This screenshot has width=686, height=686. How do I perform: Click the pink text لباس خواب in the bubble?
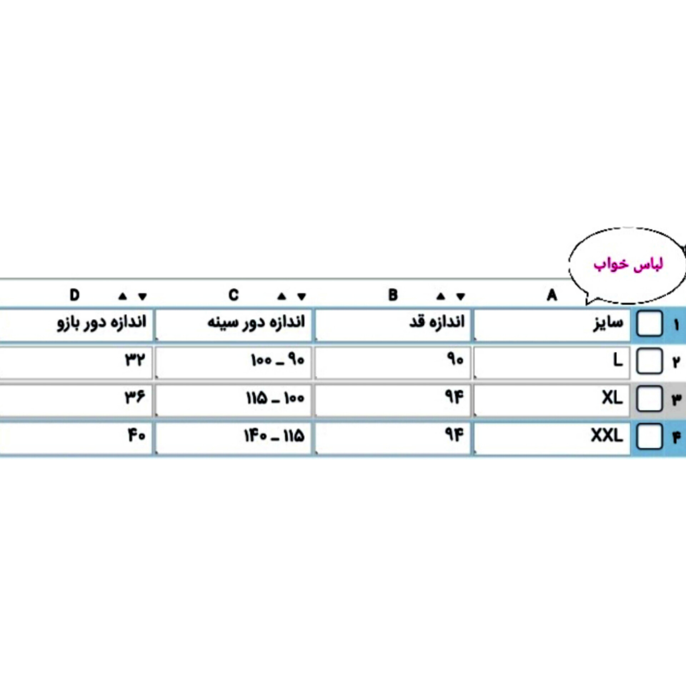click(x=628, y=265)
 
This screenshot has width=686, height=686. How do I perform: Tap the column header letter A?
click(x=552, y=295)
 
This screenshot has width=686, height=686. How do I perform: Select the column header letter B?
click(x=393, y=295)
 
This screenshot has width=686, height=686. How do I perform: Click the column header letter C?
click(x=234, y=295)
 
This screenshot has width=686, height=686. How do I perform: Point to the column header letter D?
click(x=74, y=295)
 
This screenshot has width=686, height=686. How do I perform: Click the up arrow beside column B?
click(x=441, y=296)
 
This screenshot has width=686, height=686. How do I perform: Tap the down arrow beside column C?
click(x=302, y=297)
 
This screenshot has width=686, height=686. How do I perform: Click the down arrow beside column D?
click(x=143, y=297)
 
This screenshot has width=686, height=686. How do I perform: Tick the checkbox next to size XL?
click(x=650, y=399)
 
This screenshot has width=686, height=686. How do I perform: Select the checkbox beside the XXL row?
click(x=650, y=437)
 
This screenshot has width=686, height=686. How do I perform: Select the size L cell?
click(x=552, y=362)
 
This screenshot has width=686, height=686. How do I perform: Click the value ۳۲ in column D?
click(x=135, y=359)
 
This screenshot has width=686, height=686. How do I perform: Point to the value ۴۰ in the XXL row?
click(x=136, y=435)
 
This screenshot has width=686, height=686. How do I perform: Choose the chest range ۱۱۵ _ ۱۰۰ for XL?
click(x=275, y=398)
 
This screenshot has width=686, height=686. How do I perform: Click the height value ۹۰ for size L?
click(x=455, y=359)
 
